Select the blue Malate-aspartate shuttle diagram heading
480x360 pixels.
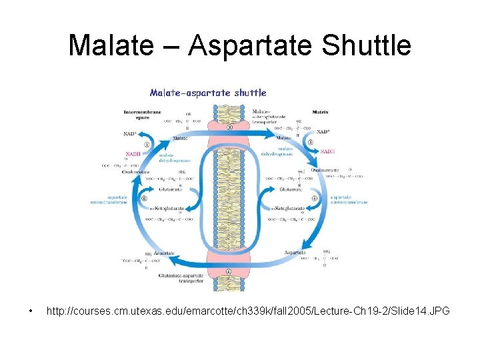click(207, 93)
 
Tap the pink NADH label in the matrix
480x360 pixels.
click(327, 152)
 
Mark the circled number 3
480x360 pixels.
click(311, 142)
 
